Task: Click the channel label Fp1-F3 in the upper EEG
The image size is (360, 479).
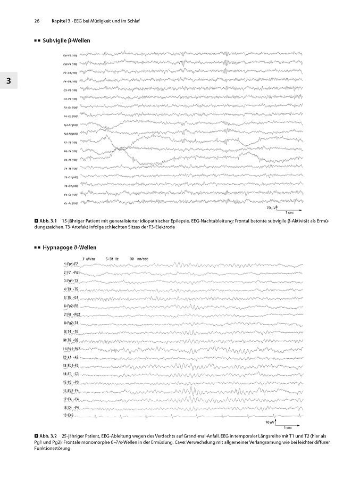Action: (x=70, y=55)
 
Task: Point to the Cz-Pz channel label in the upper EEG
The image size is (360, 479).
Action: (x=70, y=203)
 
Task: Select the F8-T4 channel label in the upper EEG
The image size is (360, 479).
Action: (x=70, y=151)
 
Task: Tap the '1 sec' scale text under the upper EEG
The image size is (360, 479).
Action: (x=290, y=212)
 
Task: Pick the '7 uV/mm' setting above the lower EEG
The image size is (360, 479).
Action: (x=89, y=258)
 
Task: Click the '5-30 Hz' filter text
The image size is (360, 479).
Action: (x=113, y=258)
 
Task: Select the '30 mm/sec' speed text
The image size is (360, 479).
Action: (x=139, y=258)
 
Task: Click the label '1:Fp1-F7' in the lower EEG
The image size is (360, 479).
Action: (x=71, y=264)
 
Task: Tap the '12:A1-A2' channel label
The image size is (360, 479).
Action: (x=71, y=357)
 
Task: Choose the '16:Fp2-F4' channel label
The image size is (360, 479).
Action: (x=71, y=391)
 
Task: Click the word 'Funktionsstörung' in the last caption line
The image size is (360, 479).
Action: (x=52, y=448)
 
